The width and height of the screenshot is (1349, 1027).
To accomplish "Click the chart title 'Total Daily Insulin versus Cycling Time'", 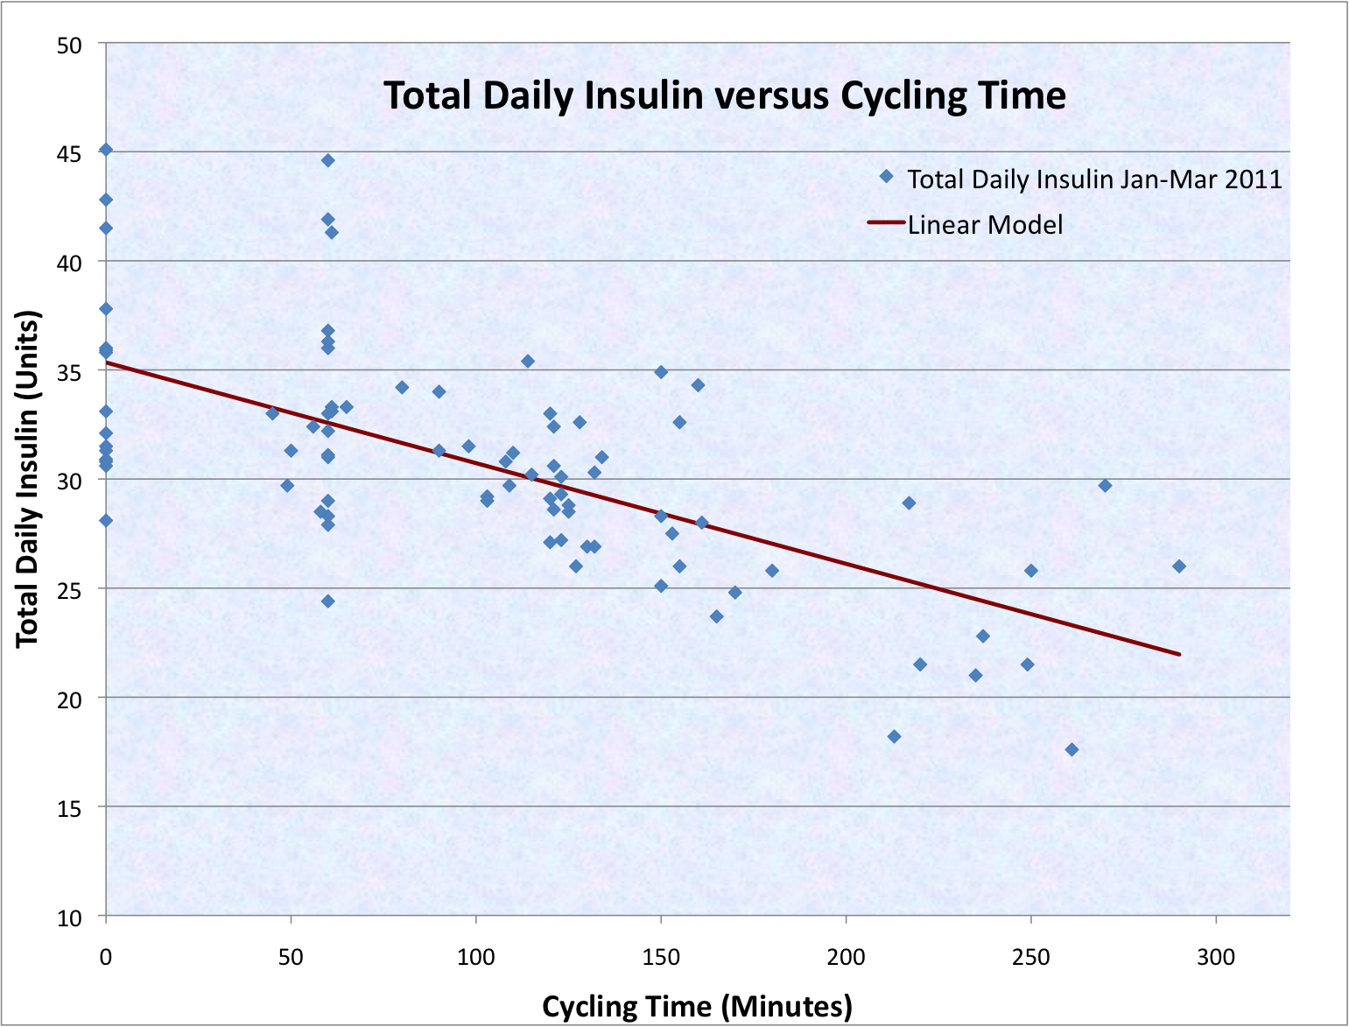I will pos(725,95).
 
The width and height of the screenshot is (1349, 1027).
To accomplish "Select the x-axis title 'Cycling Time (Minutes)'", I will pos(697,1006).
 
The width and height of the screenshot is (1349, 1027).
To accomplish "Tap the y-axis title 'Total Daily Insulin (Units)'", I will pos(28,479).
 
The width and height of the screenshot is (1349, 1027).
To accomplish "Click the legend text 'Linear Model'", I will pos(985,225).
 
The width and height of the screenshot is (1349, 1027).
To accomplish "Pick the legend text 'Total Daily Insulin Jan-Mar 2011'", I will pos(1094,179).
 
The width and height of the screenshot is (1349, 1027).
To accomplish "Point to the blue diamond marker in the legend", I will pos(886,177).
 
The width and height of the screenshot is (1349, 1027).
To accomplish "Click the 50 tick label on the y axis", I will pos(69,45).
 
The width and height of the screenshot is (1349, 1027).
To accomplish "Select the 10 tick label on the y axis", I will pos(69,918).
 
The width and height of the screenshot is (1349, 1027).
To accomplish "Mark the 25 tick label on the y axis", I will pos(69,590).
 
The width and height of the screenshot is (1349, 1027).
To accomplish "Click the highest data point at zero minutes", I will pos(106,150).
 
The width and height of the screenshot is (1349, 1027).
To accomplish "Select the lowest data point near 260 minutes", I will pos(1071,749).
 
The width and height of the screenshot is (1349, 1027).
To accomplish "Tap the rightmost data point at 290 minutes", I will pos(1179,566).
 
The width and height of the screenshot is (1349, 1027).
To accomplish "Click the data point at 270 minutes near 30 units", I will pos(1105,485).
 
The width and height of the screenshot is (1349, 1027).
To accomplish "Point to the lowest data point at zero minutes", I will pos(106,520).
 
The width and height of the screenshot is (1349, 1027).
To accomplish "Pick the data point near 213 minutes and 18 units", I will pos(894,736).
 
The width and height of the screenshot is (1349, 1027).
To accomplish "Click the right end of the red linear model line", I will pos(1179,654).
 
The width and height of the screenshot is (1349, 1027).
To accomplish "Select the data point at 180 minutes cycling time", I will pos(772,571).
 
